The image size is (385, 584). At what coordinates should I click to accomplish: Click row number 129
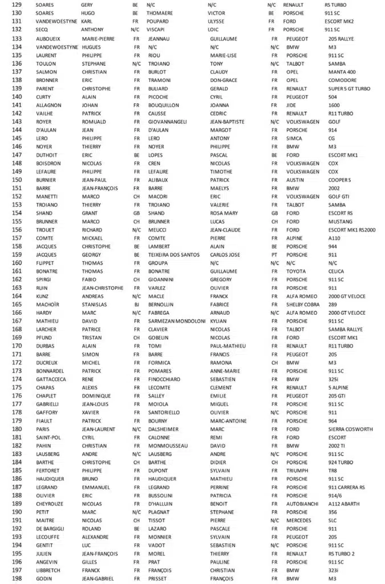point(17,4)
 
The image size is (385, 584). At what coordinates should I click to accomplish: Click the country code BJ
point(136,305)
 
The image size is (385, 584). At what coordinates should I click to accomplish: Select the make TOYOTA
point(297,271)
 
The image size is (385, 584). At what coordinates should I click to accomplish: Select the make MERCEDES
point(300,520)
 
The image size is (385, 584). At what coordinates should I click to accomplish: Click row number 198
point(17,578)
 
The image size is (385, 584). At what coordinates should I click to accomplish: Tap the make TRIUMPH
point(297,471)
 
